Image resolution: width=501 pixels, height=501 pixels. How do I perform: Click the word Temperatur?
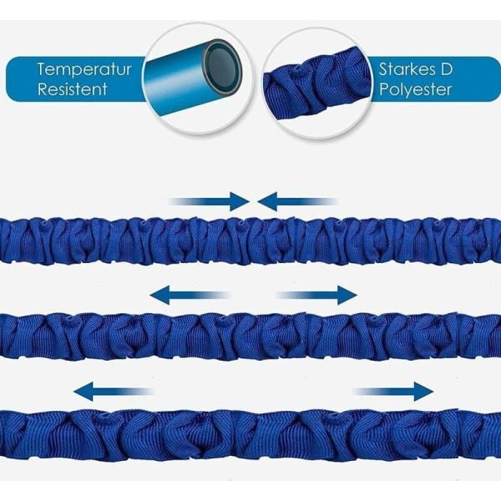[83, 69]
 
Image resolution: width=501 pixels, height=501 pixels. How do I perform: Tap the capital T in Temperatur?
[41, 69]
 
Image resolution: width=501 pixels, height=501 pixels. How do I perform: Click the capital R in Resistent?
[42, 89]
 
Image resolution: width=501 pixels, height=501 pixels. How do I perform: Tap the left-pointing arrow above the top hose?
[296, 201]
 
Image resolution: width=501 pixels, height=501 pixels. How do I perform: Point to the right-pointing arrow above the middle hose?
[317, 294]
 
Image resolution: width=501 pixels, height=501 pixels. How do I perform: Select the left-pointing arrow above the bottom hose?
[113, 391]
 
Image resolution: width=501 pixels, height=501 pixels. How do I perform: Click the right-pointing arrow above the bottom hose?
[392, 391]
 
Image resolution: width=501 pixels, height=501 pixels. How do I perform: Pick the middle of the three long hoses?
[250, 335]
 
